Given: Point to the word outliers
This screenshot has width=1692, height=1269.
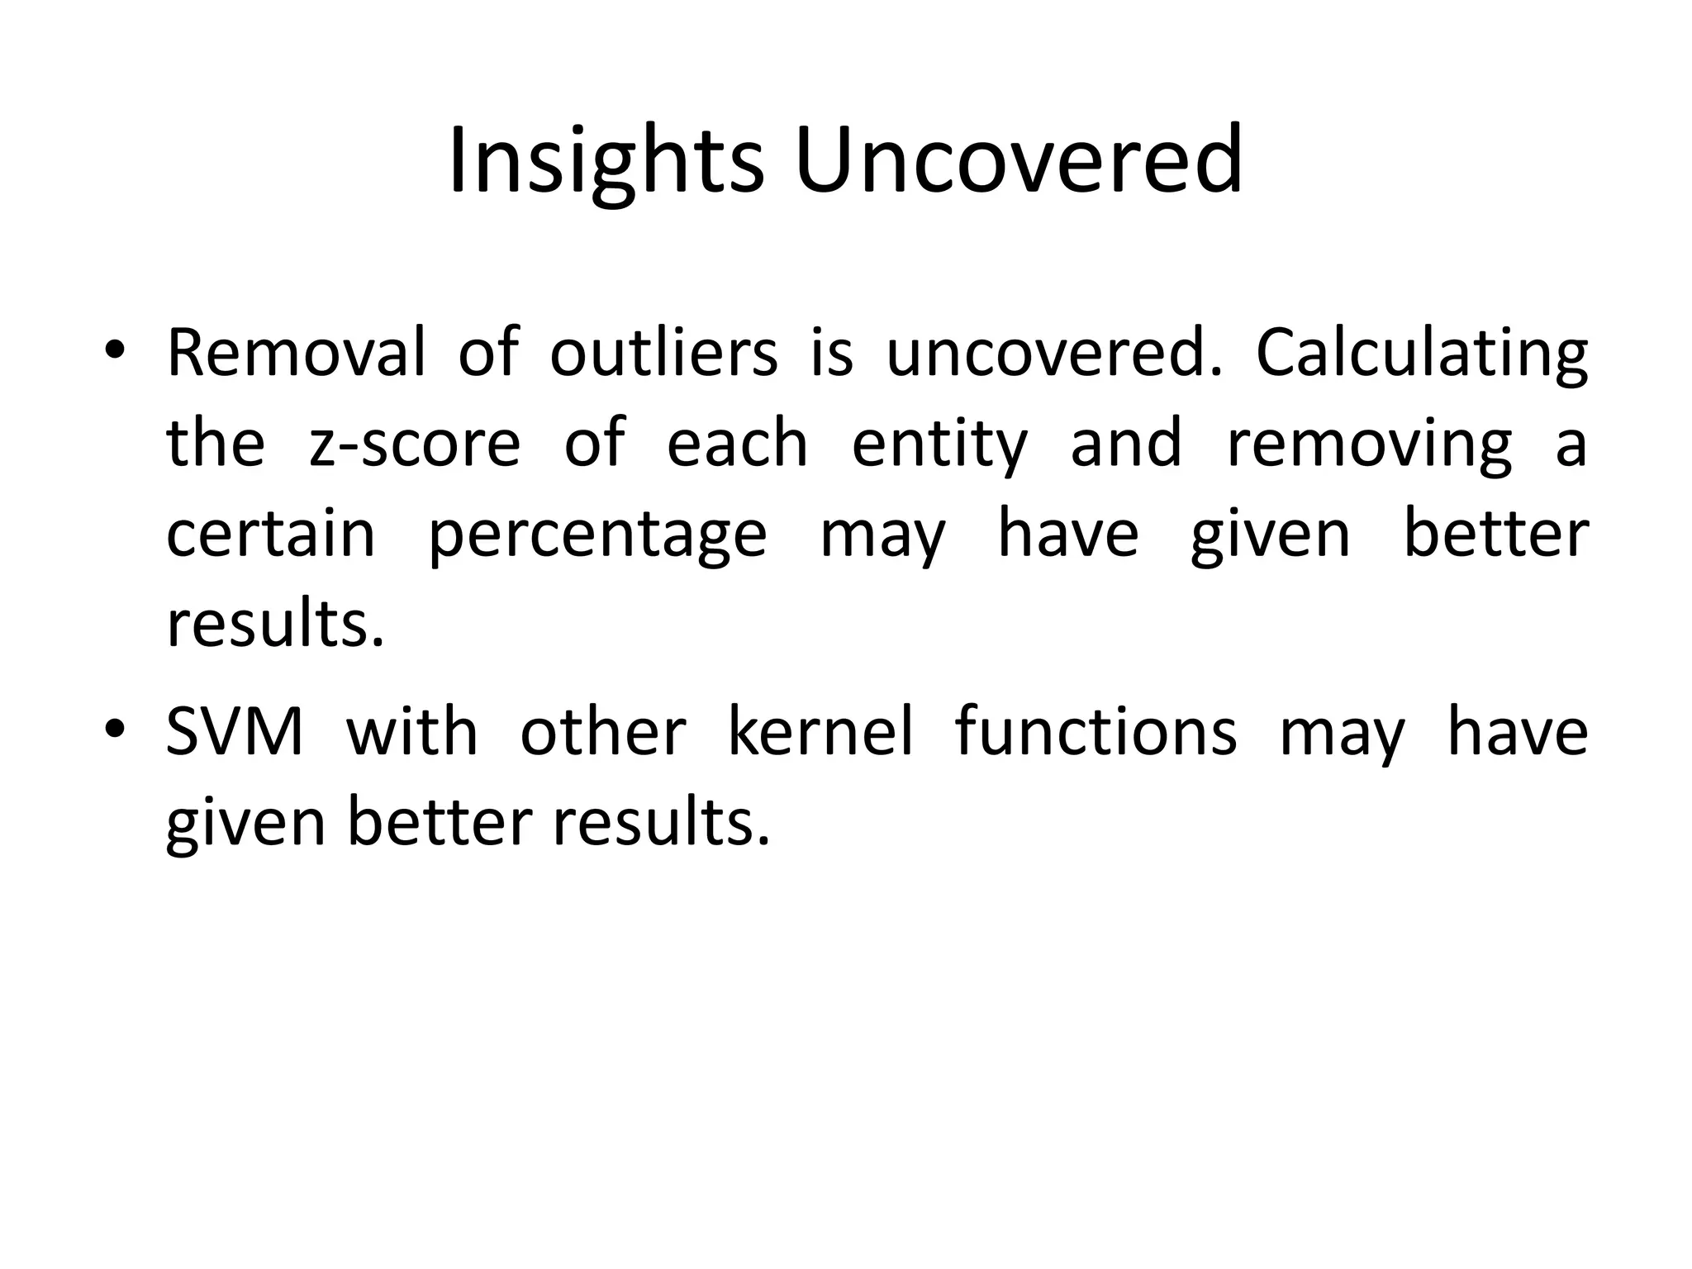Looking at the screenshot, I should point(663,353).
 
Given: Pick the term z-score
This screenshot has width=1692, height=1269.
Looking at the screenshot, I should point(415,444).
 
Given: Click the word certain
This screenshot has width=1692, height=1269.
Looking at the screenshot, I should point(271,535).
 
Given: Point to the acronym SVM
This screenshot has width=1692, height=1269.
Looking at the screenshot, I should point(235,732).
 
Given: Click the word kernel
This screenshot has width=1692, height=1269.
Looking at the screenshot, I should point(820,732).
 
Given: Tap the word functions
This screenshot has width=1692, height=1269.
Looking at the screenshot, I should point(1096,732).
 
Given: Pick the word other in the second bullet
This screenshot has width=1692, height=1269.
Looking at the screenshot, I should point(602,732).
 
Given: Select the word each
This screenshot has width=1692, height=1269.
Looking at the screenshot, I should point(737,444).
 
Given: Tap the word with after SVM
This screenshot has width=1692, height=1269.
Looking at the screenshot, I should point(411,732).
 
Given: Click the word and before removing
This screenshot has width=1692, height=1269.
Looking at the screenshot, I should point(1126,444).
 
